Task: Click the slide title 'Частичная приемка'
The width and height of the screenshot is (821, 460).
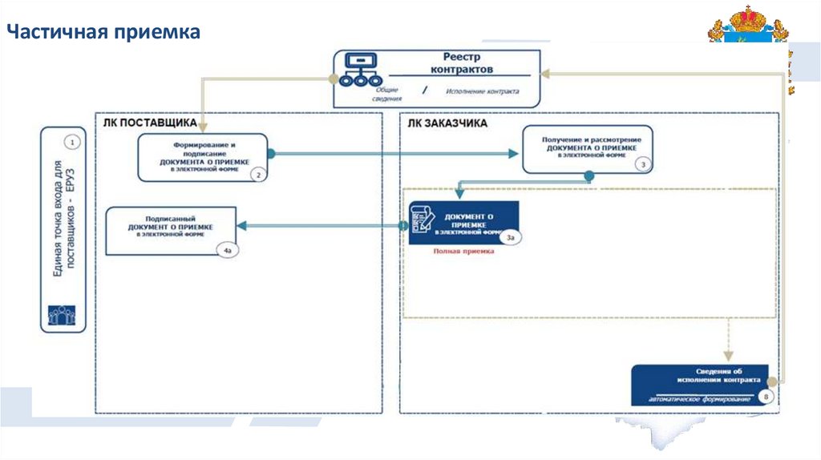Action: (104, 33)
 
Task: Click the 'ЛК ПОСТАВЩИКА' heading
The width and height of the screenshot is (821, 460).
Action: (150, 123)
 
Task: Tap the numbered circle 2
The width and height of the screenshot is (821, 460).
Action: (257, 173)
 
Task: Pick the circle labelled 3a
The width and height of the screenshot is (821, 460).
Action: (511, 237)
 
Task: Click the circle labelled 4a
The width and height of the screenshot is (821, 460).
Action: (228, 251)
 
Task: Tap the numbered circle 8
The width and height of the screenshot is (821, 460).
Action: (766, 396)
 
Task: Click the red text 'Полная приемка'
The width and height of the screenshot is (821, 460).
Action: (463, 251)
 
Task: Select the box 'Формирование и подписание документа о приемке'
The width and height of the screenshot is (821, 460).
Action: (202, 156)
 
